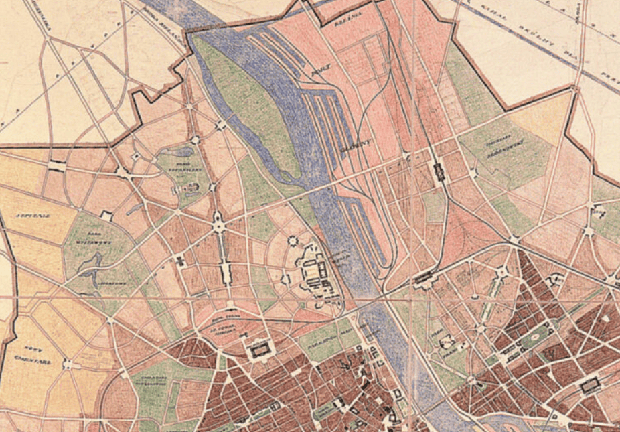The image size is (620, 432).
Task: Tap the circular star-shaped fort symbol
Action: click(x=292, y=241)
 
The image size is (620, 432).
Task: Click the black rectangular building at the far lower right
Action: click(x=591, y=384)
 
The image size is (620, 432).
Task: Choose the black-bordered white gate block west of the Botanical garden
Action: click(x=56, y=165)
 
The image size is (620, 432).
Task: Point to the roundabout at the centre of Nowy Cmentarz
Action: click(x=68, y=364)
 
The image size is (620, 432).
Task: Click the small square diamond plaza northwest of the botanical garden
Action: click(x=136, y=156)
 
